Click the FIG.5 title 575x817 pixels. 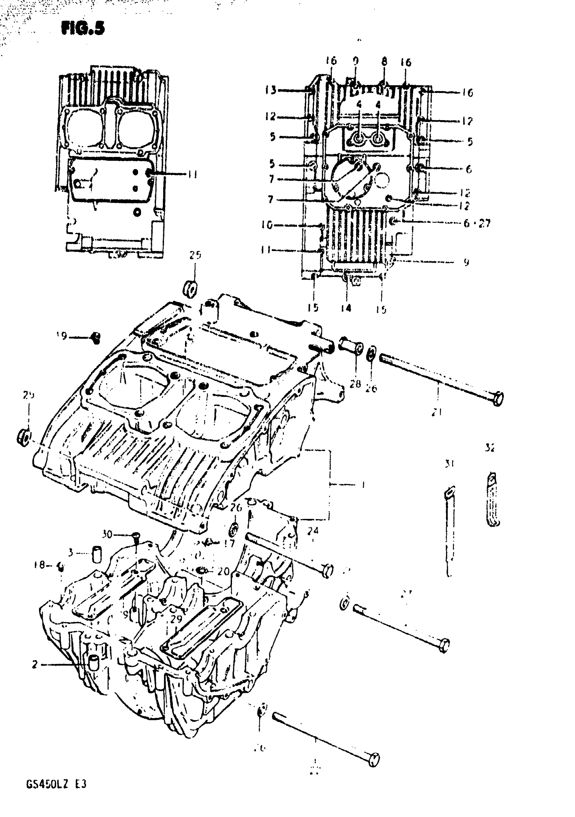[x=83, y=28]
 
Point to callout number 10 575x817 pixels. [x=267, y=225]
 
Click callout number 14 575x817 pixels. [x=346, y=308]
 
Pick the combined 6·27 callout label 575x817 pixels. [x=477, y=224]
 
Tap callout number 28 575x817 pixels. [x=355, y=384]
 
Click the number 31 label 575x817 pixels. [x=450, y=464]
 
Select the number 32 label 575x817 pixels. [x=490, y=448]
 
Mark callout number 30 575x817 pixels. [x=107, y=535]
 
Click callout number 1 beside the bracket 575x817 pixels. [x=363, y=485]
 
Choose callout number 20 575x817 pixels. [x=224, y=571]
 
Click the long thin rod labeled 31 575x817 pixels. [x=450, y=530]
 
